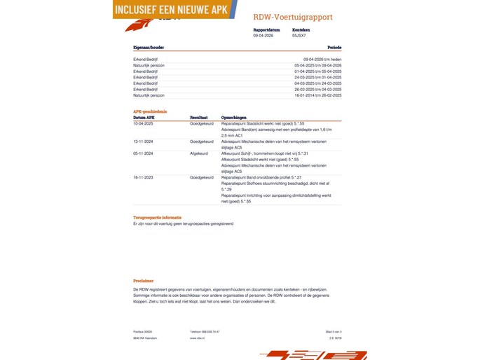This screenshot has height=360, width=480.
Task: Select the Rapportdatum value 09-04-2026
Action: (263, 35)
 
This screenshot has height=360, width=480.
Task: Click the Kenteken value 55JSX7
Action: (299, 35)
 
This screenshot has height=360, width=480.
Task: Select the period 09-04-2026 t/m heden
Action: (322, 60)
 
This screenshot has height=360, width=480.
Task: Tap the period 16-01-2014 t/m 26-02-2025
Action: (318, 95)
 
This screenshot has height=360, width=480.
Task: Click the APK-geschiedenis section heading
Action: (150, 111)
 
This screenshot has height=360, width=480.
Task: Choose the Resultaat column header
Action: (200, 117)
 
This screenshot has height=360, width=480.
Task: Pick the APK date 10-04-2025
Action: (144, 123)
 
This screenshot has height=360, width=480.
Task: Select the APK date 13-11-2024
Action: (144, 141)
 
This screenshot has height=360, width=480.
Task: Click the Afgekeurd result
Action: (199, 153)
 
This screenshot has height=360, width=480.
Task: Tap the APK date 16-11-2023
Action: (144, 177)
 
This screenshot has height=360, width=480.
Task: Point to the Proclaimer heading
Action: (143, 280)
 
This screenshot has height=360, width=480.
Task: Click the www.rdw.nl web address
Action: (197, 338)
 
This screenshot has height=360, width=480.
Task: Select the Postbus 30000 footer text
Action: (142, 331)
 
